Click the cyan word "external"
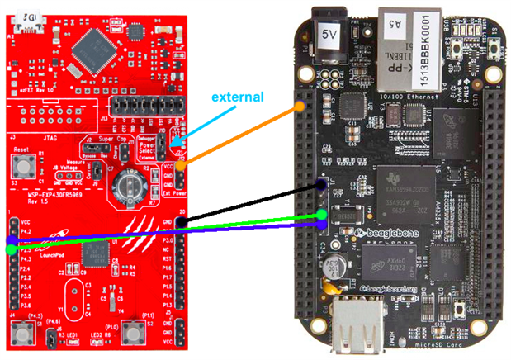238,97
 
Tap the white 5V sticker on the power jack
328,35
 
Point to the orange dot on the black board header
300,107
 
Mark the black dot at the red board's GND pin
182,222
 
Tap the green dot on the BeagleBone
324,216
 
